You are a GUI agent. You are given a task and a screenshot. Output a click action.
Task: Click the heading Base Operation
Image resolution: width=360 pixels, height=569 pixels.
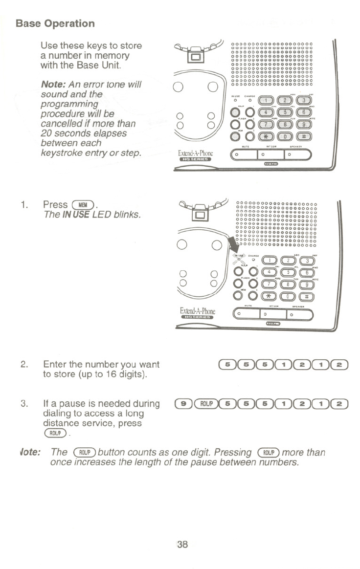pyautogui.click(x=55, y=23)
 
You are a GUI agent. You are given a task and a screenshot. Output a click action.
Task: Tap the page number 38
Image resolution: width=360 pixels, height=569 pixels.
pyautogui.click(x=182, y=544)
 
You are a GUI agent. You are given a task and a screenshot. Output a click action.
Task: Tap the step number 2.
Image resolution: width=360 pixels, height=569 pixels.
pyautogui.click(x=23, y=364)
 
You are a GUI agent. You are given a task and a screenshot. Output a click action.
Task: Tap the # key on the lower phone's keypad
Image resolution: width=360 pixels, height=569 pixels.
pyautogui.click(x=306, y=295)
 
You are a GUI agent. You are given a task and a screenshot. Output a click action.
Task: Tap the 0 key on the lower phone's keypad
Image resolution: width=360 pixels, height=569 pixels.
pyautogui.click(x=289, y=295)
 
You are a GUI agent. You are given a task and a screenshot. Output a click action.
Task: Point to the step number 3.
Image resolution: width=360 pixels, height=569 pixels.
pyautogui.click(x=23, y=404)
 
